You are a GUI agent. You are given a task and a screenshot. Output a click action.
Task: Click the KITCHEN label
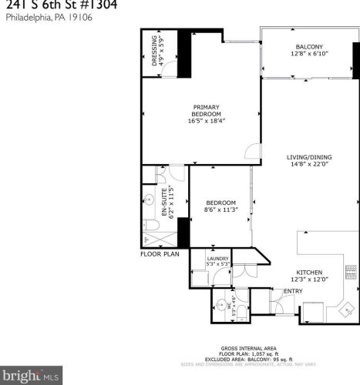(x=309, y=272)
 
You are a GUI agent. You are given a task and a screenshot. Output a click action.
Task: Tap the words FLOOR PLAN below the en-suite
(x=160, y=253)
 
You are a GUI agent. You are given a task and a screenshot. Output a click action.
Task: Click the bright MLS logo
(x=29, y=377)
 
